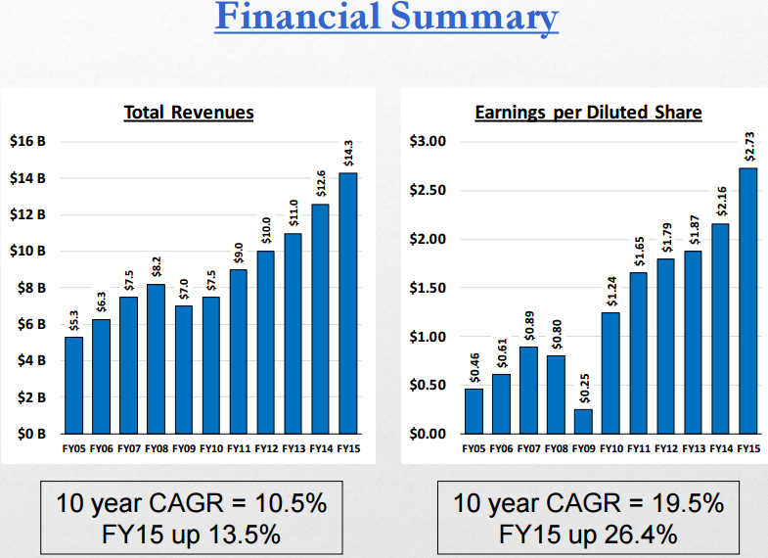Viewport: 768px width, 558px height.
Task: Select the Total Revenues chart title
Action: coord(189,113)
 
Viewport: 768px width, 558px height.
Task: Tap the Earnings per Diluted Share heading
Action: coord(588,113)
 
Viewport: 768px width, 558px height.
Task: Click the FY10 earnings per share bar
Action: coord(610,373)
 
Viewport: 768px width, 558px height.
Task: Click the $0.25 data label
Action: coord(583,393)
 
